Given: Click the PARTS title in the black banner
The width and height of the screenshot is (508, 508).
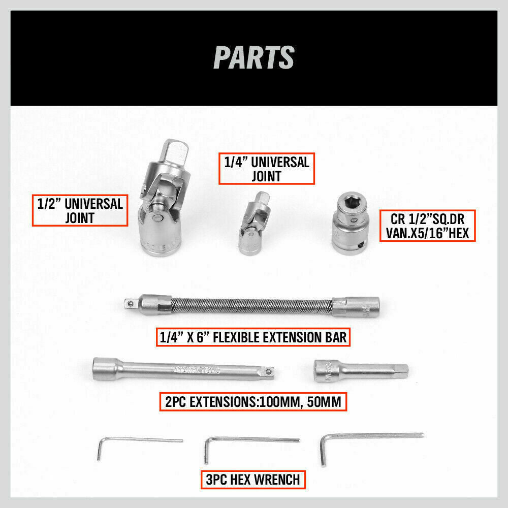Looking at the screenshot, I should point(254,57).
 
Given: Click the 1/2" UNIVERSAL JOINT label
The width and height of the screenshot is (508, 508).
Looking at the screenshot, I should point(80,211).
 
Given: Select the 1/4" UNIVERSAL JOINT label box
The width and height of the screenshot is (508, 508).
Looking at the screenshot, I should point(267,169).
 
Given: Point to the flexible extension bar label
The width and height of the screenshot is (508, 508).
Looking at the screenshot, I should point(253,337).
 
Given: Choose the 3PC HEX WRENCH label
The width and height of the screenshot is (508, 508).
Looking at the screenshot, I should point(253,478).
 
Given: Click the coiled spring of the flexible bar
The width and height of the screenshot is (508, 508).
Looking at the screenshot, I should point(251,306).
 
